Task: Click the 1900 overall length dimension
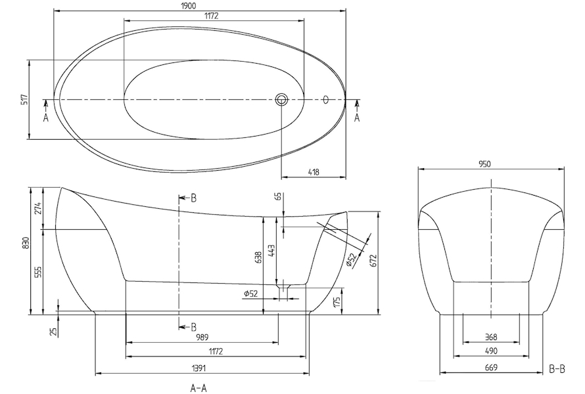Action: point(189,6)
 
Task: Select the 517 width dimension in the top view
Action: point(24,100)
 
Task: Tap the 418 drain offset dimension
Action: point(314,172)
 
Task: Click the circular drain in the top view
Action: point(282,100)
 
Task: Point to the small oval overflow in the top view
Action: point(326,100)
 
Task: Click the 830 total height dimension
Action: point(26,244)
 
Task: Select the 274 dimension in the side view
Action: point(39,208)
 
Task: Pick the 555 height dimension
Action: point(39,272)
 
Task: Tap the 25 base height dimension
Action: point(53,332)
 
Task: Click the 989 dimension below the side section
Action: point(202,337)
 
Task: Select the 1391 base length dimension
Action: point(199,368)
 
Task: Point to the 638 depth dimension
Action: point(258,257)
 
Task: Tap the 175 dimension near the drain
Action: point(337,303)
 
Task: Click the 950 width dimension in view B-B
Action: point(484,164)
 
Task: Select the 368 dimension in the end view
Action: point(491,337)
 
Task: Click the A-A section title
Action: point(198,388)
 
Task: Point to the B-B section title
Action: point(557,369)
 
